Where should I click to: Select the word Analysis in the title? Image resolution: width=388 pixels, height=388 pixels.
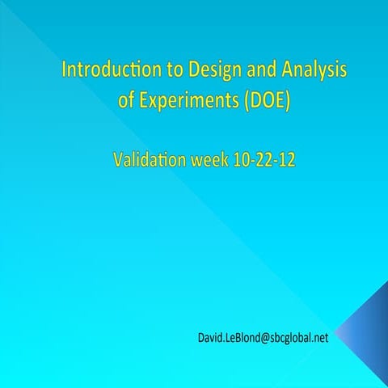click(x=310, y=70)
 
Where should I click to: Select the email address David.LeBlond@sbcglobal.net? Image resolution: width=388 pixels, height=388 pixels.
click(x=263, y=338)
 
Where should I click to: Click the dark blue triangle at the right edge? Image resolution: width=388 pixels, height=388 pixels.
click(x=369, y=331)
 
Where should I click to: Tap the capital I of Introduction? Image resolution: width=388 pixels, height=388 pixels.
click(x=64, y=70)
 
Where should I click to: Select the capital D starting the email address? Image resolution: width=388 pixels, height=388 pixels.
click(x=200, y=338)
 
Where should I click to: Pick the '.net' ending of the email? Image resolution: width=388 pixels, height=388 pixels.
click(x=318, y=338)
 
